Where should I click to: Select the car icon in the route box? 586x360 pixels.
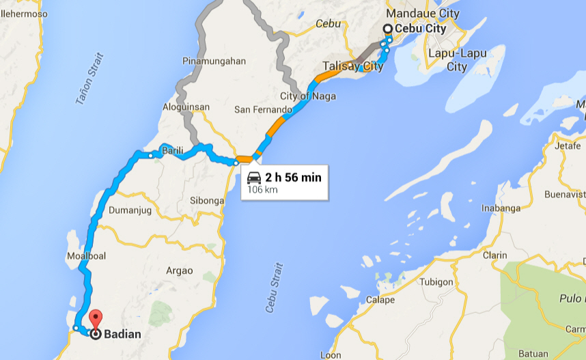tap(254, 178)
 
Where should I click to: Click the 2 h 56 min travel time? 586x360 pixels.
tap(293, 178)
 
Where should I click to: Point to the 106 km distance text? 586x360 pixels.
tap(262, 189)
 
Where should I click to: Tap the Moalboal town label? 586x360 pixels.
tap(85, 256)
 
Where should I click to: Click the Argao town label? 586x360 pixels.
tap(179, 271)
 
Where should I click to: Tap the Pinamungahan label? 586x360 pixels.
tap(214, 61)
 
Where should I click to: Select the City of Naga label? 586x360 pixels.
tap(308, 96)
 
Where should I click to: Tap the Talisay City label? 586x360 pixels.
tap(354, 66)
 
